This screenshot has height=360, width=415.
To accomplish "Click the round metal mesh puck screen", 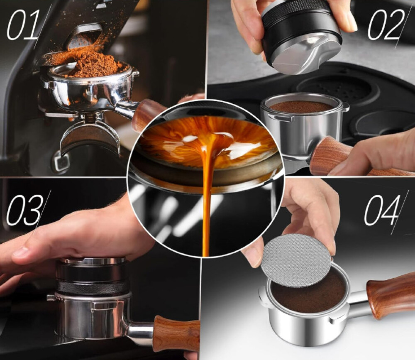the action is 296,260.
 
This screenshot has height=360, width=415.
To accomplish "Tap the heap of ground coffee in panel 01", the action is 91,64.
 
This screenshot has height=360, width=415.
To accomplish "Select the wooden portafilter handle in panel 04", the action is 391,295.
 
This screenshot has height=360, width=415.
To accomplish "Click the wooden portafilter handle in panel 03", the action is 176,333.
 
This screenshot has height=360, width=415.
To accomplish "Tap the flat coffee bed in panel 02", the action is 301,106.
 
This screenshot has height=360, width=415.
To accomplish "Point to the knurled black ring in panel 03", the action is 92,287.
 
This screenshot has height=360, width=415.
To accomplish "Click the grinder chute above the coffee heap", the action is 83,36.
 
